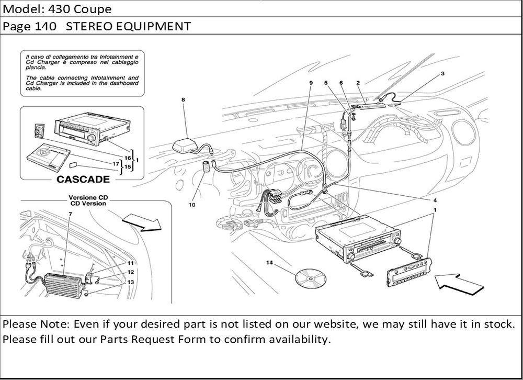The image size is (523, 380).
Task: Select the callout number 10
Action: pos(192,205)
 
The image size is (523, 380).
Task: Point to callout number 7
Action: pos(70,215)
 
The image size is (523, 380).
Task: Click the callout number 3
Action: pos(442,74)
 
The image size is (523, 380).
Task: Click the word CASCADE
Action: pos(83,180)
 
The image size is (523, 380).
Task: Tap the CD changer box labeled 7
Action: pos(61,287)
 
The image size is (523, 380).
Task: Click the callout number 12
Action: pos(131,272)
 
